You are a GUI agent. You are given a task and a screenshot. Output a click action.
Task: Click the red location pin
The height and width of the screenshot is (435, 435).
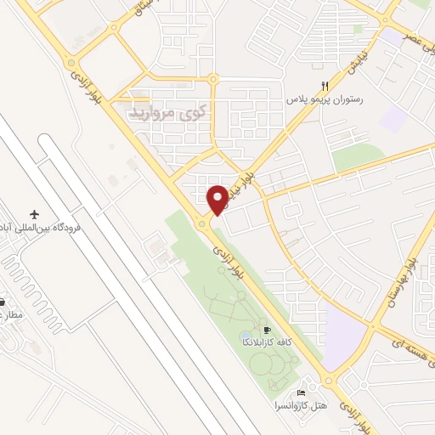point(218,199)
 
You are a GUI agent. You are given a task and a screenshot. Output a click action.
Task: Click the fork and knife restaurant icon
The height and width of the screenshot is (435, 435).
point(325,85)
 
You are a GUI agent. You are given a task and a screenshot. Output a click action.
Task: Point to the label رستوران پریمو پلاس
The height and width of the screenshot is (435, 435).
point(325,99)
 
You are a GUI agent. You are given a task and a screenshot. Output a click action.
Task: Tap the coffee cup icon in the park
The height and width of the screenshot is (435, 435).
point(268,330)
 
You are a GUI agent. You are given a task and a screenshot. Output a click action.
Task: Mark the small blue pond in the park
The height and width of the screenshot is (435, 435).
point(245,334)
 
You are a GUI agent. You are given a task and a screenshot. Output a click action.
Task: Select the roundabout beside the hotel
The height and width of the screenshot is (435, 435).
point(330,381)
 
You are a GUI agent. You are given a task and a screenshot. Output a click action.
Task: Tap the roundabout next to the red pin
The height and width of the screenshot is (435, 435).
point(204,224)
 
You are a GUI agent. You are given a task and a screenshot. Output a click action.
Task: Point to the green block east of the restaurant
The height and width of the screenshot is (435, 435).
point(358,157)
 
